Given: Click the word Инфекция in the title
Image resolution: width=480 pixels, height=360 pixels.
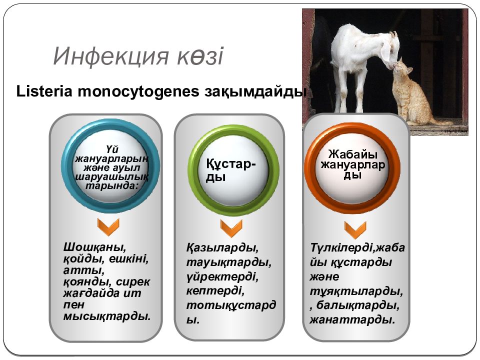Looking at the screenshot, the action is pos(111,56).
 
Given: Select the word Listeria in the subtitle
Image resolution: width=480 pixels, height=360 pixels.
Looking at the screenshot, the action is pos(44,91).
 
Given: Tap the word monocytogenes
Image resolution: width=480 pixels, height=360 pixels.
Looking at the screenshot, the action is pos(138,92).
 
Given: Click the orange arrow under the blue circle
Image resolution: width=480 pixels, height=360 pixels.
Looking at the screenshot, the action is pos(108,227).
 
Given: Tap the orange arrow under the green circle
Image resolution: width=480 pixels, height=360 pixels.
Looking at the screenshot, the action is pos(231,228).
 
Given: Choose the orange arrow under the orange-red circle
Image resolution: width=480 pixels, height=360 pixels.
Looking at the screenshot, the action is pos(355,230).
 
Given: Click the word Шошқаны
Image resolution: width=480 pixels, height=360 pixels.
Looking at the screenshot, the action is pos(94,247).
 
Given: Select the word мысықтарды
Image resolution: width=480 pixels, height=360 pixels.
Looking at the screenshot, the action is pos(107,316).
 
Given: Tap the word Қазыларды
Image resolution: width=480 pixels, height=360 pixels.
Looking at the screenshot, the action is pos(222,247).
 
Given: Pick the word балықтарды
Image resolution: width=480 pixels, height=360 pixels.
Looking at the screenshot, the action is pos(357,305).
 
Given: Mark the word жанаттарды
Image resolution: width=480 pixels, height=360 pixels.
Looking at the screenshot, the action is pos(352,320).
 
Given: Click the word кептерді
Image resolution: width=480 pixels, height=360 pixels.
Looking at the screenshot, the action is pos(215,290).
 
